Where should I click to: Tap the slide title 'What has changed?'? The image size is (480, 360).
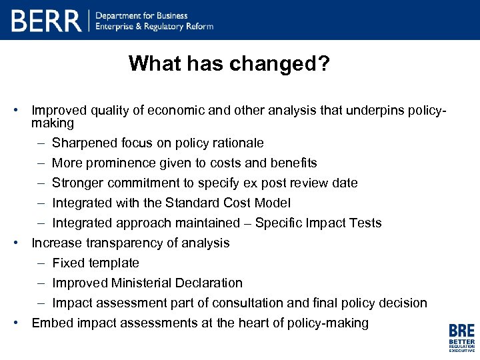(230, 63)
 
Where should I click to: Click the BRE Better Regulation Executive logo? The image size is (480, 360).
(461, 337)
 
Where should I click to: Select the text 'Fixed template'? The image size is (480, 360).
(95, 263)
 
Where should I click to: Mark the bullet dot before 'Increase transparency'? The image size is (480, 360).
(22, 243)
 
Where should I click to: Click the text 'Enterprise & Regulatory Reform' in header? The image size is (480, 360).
(155, 27)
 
